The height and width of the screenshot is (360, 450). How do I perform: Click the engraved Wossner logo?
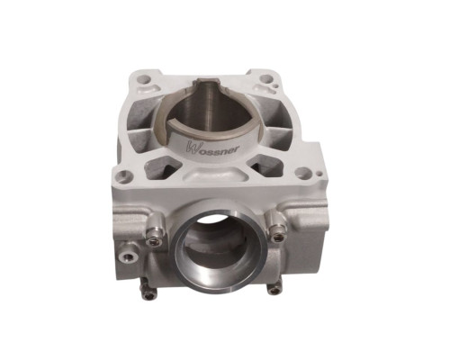(x=212, y=148)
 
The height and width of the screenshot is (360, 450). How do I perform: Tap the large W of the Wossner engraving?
(x=191, y=146)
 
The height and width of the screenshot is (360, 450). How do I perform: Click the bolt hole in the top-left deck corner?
(x=143, y=79)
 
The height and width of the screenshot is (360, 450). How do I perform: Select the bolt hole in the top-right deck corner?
(x=265, y=79)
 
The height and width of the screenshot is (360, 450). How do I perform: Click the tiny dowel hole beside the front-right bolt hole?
(x=319, y=173)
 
